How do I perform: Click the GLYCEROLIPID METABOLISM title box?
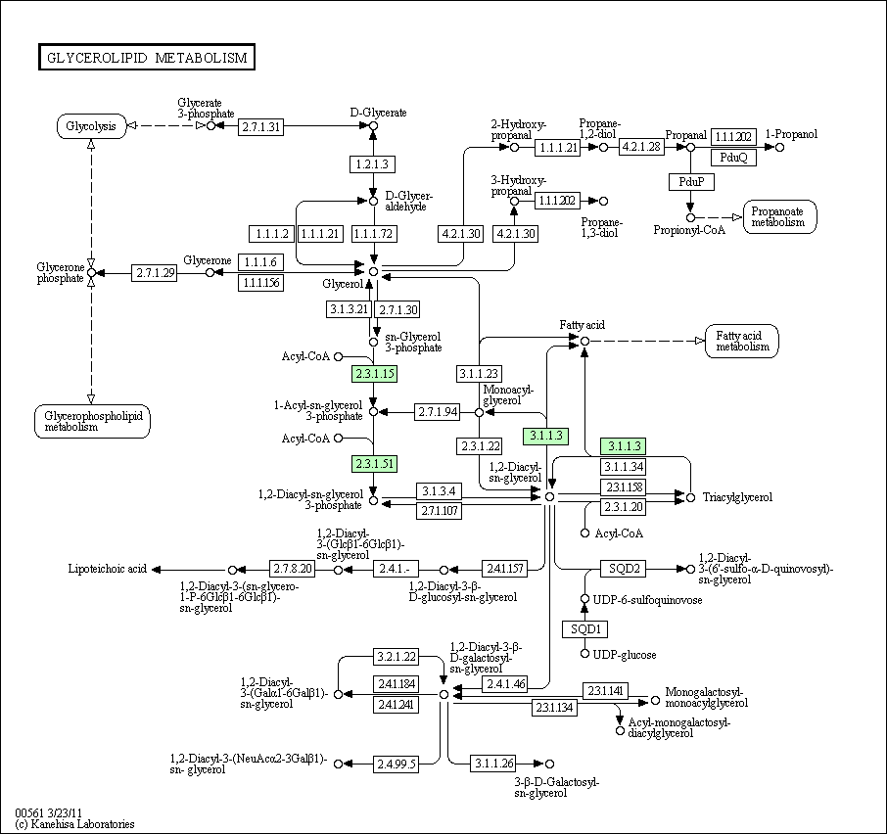click(147, 57)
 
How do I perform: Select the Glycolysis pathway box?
click(91, 126)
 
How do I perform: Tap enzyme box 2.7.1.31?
click(260, 126)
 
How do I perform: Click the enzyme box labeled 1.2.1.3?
click(372, 164)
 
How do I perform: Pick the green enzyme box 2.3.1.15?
click(374, 374)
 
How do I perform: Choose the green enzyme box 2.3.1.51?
click(374, 464)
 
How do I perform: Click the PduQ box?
click(733, 158)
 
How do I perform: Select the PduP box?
click(691, 182)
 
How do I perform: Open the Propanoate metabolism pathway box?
click(780, 216)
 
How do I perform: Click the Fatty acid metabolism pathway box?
click(742, 341)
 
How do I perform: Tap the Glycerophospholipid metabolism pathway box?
click(93, 421)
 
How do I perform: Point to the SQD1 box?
click(584, 629)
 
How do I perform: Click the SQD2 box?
click(624, 569)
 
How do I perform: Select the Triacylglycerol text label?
click(737, 497)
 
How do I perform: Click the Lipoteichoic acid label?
click(107, 569)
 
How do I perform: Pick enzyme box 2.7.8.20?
click(293, 569)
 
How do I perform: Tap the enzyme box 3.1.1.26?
click(493, 764)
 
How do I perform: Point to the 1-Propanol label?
click(791, 134)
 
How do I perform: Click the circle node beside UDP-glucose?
click(584, 654)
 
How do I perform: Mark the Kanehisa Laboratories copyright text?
click(75, 824)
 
